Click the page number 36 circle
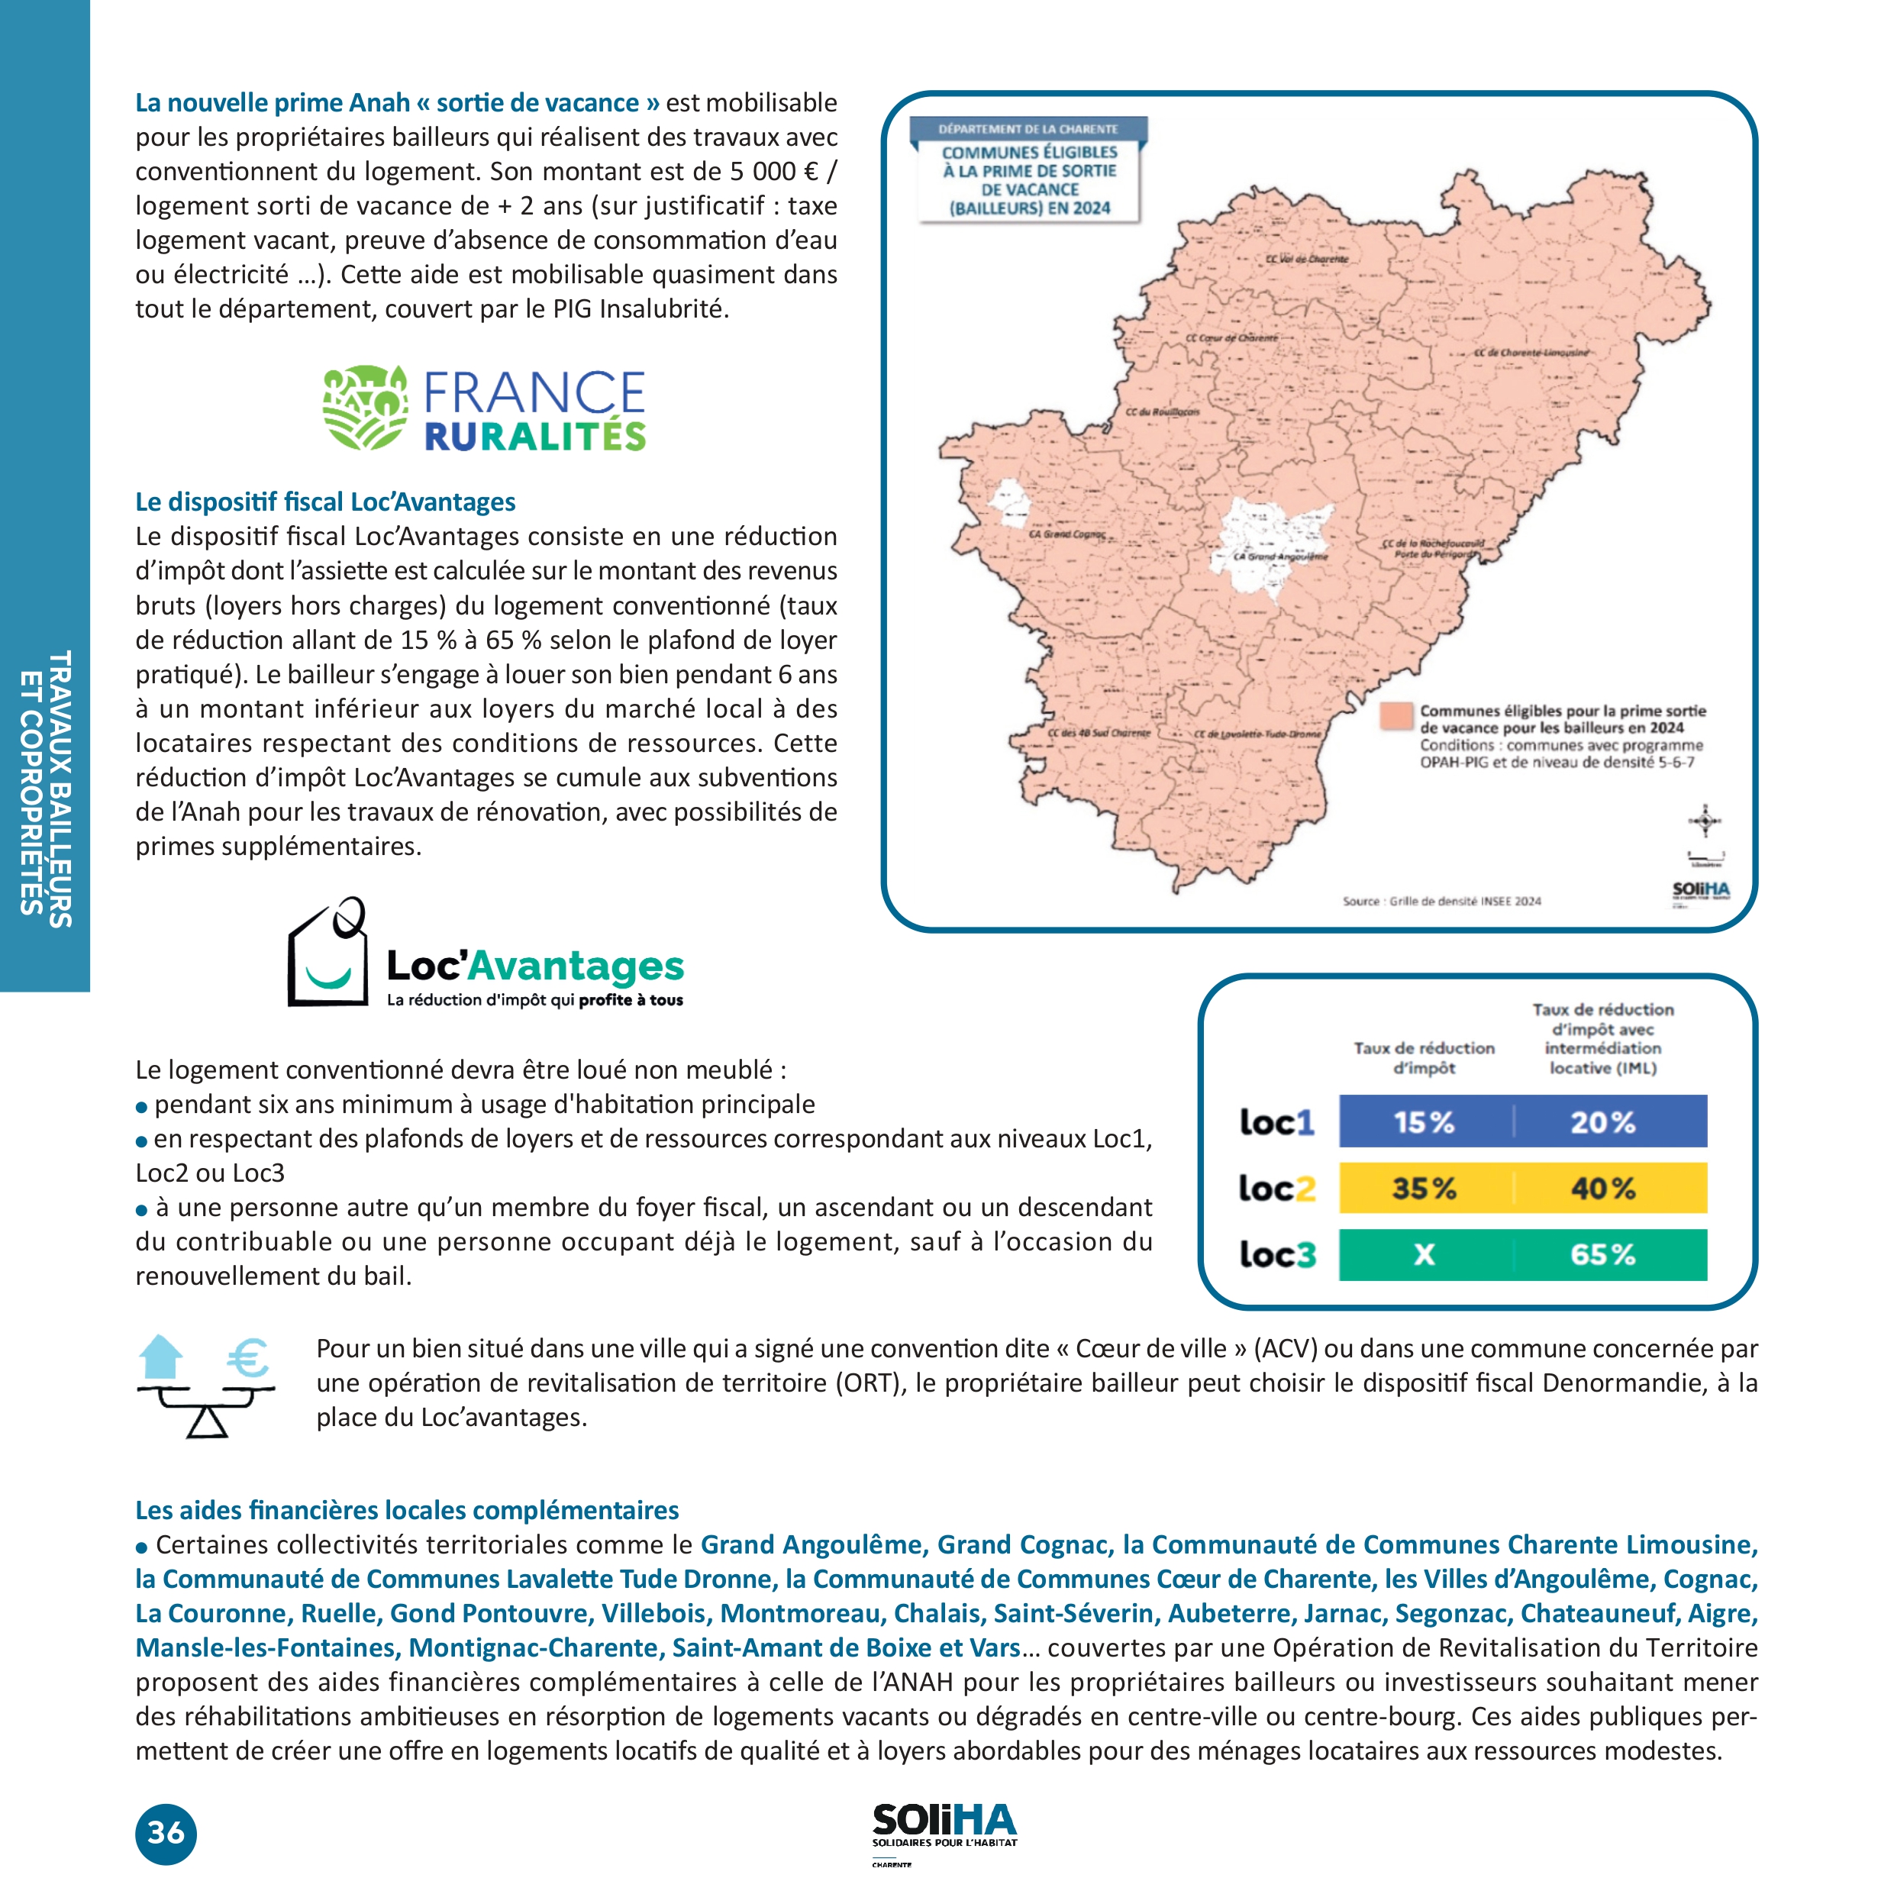[166, 1832]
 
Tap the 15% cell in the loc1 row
[1424, 1121]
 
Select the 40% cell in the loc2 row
[1603, 1188]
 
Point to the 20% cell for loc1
[1603, 1121]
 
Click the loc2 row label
[1276, 1188]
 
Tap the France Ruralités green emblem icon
[365, 408]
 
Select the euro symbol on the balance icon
[247, 1359]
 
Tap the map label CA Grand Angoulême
[1280, 556]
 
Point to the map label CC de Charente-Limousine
[1531, 352]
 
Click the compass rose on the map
[1705, 821]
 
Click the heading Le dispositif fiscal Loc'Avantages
[325, 502]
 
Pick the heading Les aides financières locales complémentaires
[407, 1510]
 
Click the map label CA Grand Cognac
[1066, 534]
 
